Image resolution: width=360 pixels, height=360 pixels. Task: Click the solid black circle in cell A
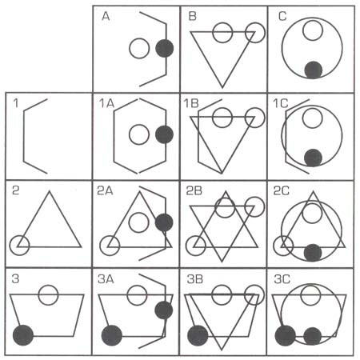tap(165, 48)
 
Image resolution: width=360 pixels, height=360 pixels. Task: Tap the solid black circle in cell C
tap(314, 70)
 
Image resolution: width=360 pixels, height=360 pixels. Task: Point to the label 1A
tap(106, 103)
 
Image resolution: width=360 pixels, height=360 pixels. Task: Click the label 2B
tap(194, 190)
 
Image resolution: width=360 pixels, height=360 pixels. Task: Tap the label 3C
tap(282, 279)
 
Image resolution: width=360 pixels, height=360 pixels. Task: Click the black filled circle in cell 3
tap(23, 335)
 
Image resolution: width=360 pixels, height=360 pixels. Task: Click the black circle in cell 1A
tap(164, 134)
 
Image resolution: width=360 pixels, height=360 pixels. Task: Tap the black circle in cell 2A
tap(164, 222)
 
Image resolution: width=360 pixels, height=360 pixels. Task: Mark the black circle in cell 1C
tap(313, 158)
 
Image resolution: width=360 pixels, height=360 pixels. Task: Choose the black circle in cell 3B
tap(198, 335)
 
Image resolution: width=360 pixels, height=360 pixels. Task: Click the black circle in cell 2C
tap(313, 252)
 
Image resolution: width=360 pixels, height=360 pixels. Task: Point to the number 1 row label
tap(16, 103)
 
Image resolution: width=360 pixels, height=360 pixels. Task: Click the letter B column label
tap(193, 16)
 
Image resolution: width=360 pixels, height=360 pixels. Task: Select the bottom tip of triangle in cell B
tap(222, 87)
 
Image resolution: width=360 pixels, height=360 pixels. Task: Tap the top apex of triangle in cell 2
tap(50, 191)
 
